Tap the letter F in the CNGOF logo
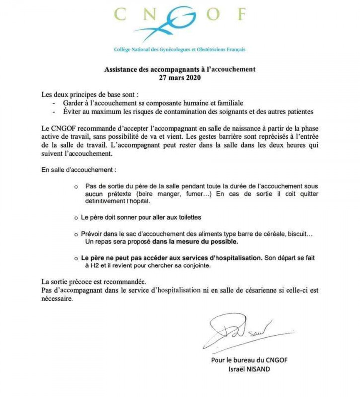[x=239, y=15]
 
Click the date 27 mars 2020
[x=179, y=78]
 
